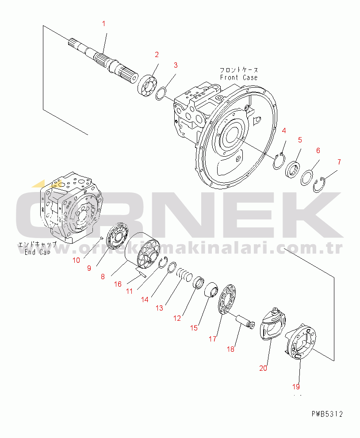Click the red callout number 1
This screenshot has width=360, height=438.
pyautogui.click(x=104, y=23)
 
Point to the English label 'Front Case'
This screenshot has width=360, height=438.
pyautogui.click(x=239, y=77)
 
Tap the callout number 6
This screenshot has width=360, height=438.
pyautogui.click(x=318, y=150)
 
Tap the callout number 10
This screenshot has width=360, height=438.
pyautogui.click(x=76, y=260)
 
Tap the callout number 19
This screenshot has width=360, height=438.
pyautogui.click(x=295, y=386)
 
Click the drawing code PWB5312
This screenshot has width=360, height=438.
pyautogui.click(x=326, y=414)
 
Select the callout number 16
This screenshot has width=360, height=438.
pyautogui.click(x=118, y=284)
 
